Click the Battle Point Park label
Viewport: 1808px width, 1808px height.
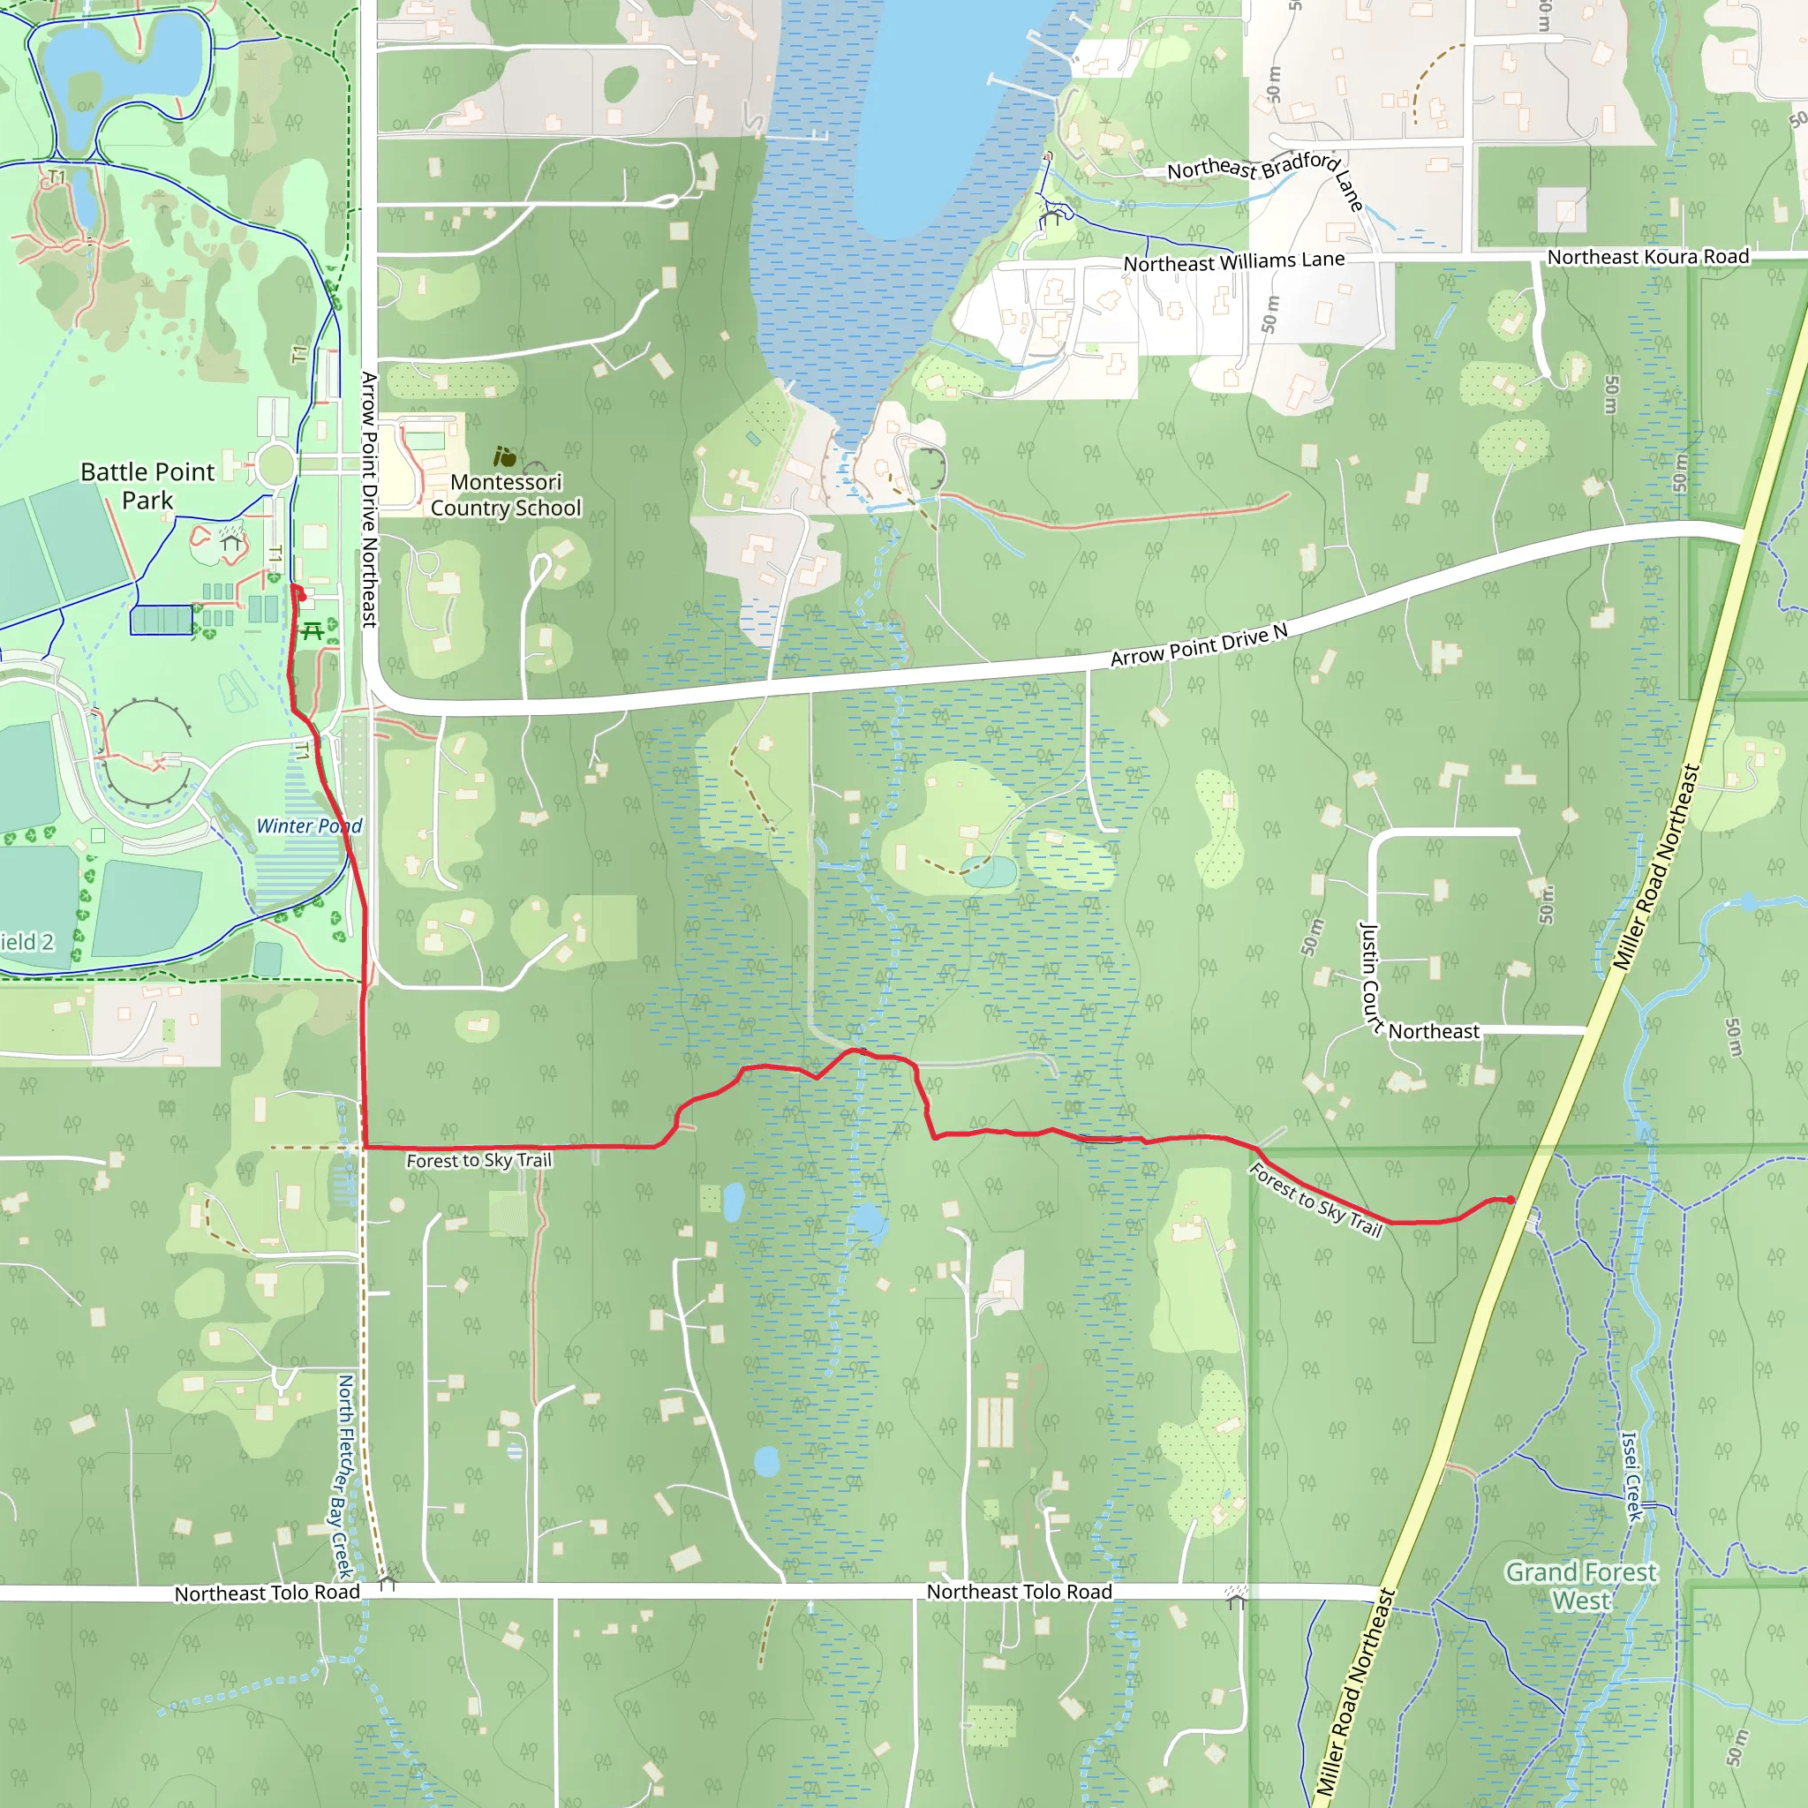coord(147,486)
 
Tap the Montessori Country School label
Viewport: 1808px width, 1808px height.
coord(505,495)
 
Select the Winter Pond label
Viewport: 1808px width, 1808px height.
coord(309,826)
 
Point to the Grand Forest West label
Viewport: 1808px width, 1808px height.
coord(1580,1586)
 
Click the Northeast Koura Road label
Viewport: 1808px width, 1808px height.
coord(1647,256)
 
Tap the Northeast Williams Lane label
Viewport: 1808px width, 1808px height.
coord(1233,262)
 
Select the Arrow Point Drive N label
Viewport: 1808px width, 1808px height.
coord(1199,645)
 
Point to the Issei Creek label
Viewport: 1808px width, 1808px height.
coord(1631,1477)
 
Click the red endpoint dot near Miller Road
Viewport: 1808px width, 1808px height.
coord(1510,1200)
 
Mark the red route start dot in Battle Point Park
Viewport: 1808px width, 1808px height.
coord(301,596)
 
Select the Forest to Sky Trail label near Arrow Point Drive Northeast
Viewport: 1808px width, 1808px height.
coord(479,1160)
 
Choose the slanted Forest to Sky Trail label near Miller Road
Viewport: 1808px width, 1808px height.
coord(1315,1201)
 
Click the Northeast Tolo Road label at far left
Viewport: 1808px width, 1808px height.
coord(267,1593)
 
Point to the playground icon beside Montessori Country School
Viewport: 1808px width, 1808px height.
coord(504,456)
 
